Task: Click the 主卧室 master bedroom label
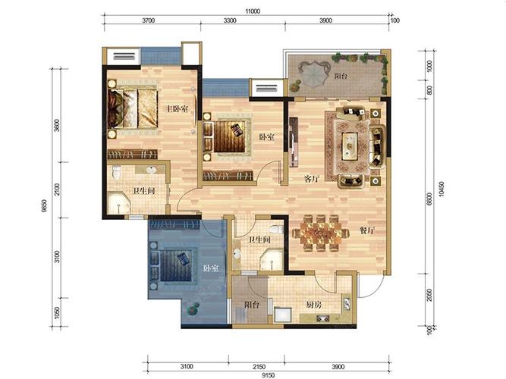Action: click(177, 109)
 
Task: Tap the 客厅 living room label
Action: click(312, 178)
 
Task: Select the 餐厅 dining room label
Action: click(367, 230)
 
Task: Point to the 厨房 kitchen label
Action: click(313, 305)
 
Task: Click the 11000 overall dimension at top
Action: click(253, 11)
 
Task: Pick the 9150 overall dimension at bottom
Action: click(268, 375)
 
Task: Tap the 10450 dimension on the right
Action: click(442, 189)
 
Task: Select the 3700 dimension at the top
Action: click(149, 20)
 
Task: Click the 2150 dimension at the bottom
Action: click(259, 367)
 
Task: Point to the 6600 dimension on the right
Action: click(429, 199)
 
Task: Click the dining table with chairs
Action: click(321, 233)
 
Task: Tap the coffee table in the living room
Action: click(350, 146)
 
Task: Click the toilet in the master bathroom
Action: click(117, 172)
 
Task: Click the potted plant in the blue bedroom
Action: click(193, 309)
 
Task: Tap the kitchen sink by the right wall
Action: click(346, 304)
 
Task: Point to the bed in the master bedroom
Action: click(133, 108)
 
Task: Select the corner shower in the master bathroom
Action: click(119, 203)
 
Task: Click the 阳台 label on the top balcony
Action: click(341, 77)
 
